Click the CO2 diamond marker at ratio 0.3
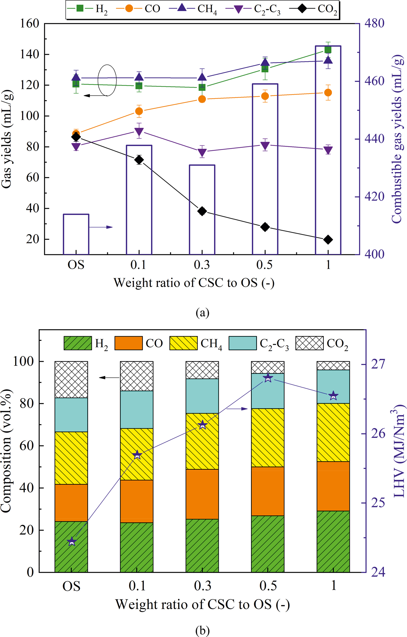pyautogui.click(x=202, y=211)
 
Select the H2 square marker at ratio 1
pyautogui.click(x=328, y=50)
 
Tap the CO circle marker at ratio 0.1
pyautogui.click(x=139, y=111)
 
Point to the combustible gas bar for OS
pyautogui.click(x=76, y=234)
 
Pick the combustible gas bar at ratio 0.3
pyautogui.click(x=202, y=209)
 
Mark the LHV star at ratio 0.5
pyautogui.click(x=268, y=378)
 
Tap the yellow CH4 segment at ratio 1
pyautogui.click(x=333, y=432)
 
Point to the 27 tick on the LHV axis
pyautogui.click(x=378, y=365)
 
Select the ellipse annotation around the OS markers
pyautogui.click(x=107, y=80)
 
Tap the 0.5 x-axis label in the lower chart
pyautogui.click(x=268, y=585)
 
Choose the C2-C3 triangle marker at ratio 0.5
pyautogui.click(x=265, y=146)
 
